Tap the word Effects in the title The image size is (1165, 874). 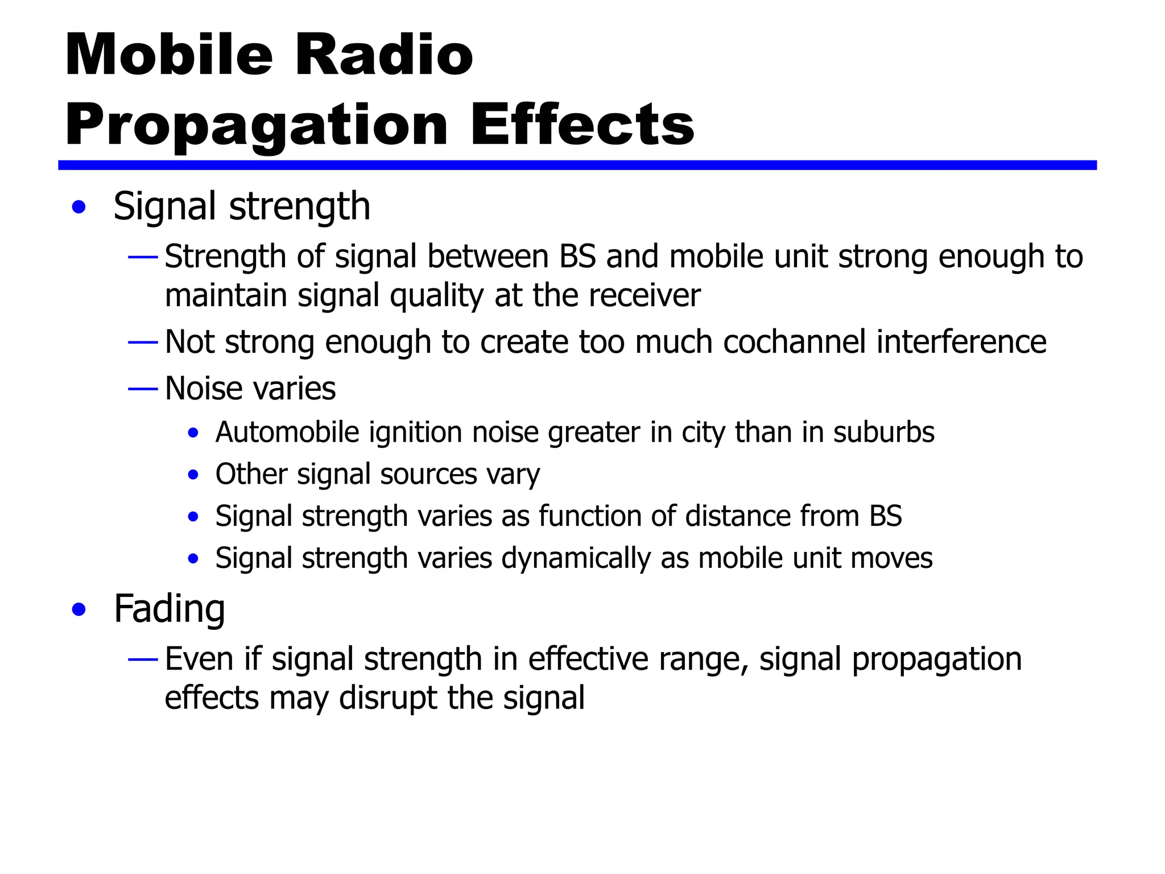pos(581,125)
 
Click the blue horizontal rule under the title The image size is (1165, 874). pos(577,165)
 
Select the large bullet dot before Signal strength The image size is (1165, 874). pos(79,207)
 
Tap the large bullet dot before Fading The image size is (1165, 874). pos(79,610)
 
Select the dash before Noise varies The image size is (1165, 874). pos(143,389)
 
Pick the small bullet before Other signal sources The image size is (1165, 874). pos(193,475)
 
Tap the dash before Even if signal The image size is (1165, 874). pos(143,659)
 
